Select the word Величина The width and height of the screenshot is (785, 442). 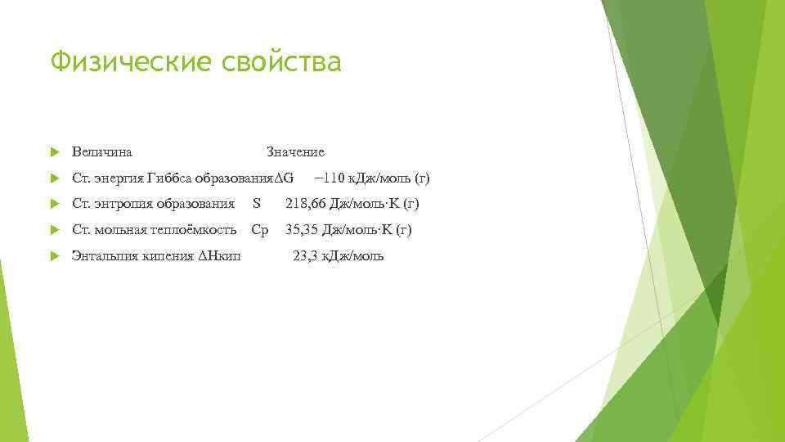coord(103,151)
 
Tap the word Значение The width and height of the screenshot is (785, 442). coord(295,151)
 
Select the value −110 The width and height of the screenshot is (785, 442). coord(330,178)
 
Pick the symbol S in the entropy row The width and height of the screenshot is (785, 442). coord(257,204)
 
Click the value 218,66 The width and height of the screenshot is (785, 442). coord(304,204)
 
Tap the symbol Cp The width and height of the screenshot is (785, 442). coord(259,230)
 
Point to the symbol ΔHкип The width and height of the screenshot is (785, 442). coord(220,256)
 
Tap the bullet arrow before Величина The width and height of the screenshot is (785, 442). coord(55,152)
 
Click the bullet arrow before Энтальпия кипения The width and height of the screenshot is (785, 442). coord(55,257)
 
